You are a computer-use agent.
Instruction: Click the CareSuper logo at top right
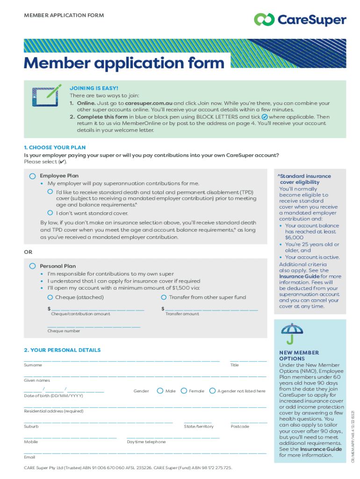[x=300, y=20]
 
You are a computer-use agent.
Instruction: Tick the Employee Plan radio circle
[x=32, y=176]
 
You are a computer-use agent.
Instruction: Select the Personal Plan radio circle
[x=32, y=266]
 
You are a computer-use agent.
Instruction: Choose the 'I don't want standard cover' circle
[x=50, y=213]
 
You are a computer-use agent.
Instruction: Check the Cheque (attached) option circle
[x=50, y=297]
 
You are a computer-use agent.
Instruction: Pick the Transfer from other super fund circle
[x=164, y=297]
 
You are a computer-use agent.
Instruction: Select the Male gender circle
[x=160, y=391]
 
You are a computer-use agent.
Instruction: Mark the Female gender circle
[x=184, y=391]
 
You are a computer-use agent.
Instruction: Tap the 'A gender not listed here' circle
[x=212, y=391]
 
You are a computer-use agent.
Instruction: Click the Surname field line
[x=122, y=359]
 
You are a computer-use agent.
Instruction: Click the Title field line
[x=248, y=359]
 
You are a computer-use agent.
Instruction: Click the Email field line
[x=145, y=452]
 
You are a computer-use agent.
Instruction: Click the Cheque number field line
[x=94, y=326]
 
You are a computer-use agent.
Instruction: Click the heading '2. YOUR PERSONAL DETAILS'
[x=62, y=350]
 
